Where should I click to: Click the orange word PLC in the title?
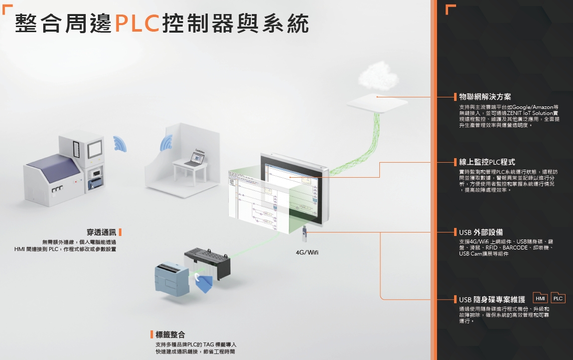point(137,23)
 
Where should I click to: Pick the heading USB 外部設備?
point(481,232)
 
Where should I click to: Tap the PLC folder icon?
point(558,298)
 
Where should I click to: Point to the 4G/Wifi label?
point(307,252)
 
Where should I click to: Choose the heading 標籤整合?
point(170,334)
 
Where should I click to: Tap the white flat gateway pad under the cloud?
point(379,103)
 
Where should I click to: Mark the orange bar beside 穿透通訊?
point(120,232)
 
